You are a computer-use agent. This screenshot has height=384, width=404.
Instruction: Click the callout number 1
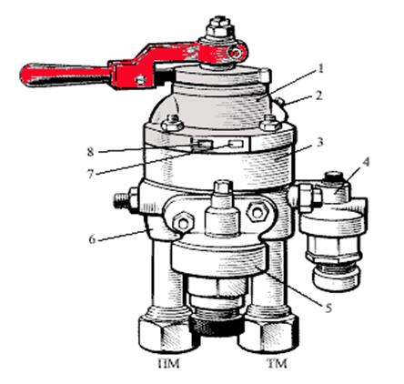(319, 68)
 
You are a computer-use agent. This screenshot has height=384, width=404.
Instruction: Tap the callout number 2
(318, 96)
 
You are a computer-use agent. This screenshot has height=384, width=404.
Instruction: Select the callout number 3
(319, 142)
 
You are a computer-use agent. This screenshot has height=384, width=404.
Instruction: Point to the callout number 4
(366, 162)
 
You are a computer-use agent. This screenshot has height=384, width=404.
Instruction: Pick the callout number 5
(328, 308)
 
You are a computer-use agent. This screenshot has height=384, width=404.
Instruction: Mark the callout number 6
(92, 239)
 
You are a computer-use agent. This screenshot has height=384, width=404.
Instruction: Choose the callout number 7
(90, 175)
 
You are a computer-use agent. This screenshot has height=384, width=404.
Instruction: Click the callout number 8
(90, 152)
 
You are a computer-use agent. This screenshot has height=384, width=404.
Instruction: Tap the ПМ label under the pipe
(169, 363)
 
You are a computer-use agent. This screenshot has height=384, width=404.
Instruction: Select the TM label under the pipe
(277, 363)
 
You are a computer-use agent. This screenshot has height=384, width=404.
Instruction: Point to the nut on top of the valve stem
(220, 27)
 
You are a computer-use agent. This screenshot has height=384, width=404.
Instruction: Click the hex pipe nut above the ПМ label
(166, 333)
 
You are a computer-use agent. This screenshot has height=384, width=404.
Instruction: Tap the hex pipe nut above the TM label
(269, 332)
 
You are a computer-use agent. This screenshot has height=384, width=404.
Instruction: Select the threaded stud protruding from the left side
(121, 201)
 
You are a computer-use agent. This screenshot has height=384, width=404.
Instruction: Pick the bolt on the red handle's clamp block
(141, 79)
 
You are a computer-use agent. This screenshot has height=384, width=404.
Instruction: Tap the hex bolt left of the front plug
(183, 223)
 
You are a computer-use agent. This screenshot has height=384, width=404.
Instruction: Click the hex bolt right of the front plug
(258, 212)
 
